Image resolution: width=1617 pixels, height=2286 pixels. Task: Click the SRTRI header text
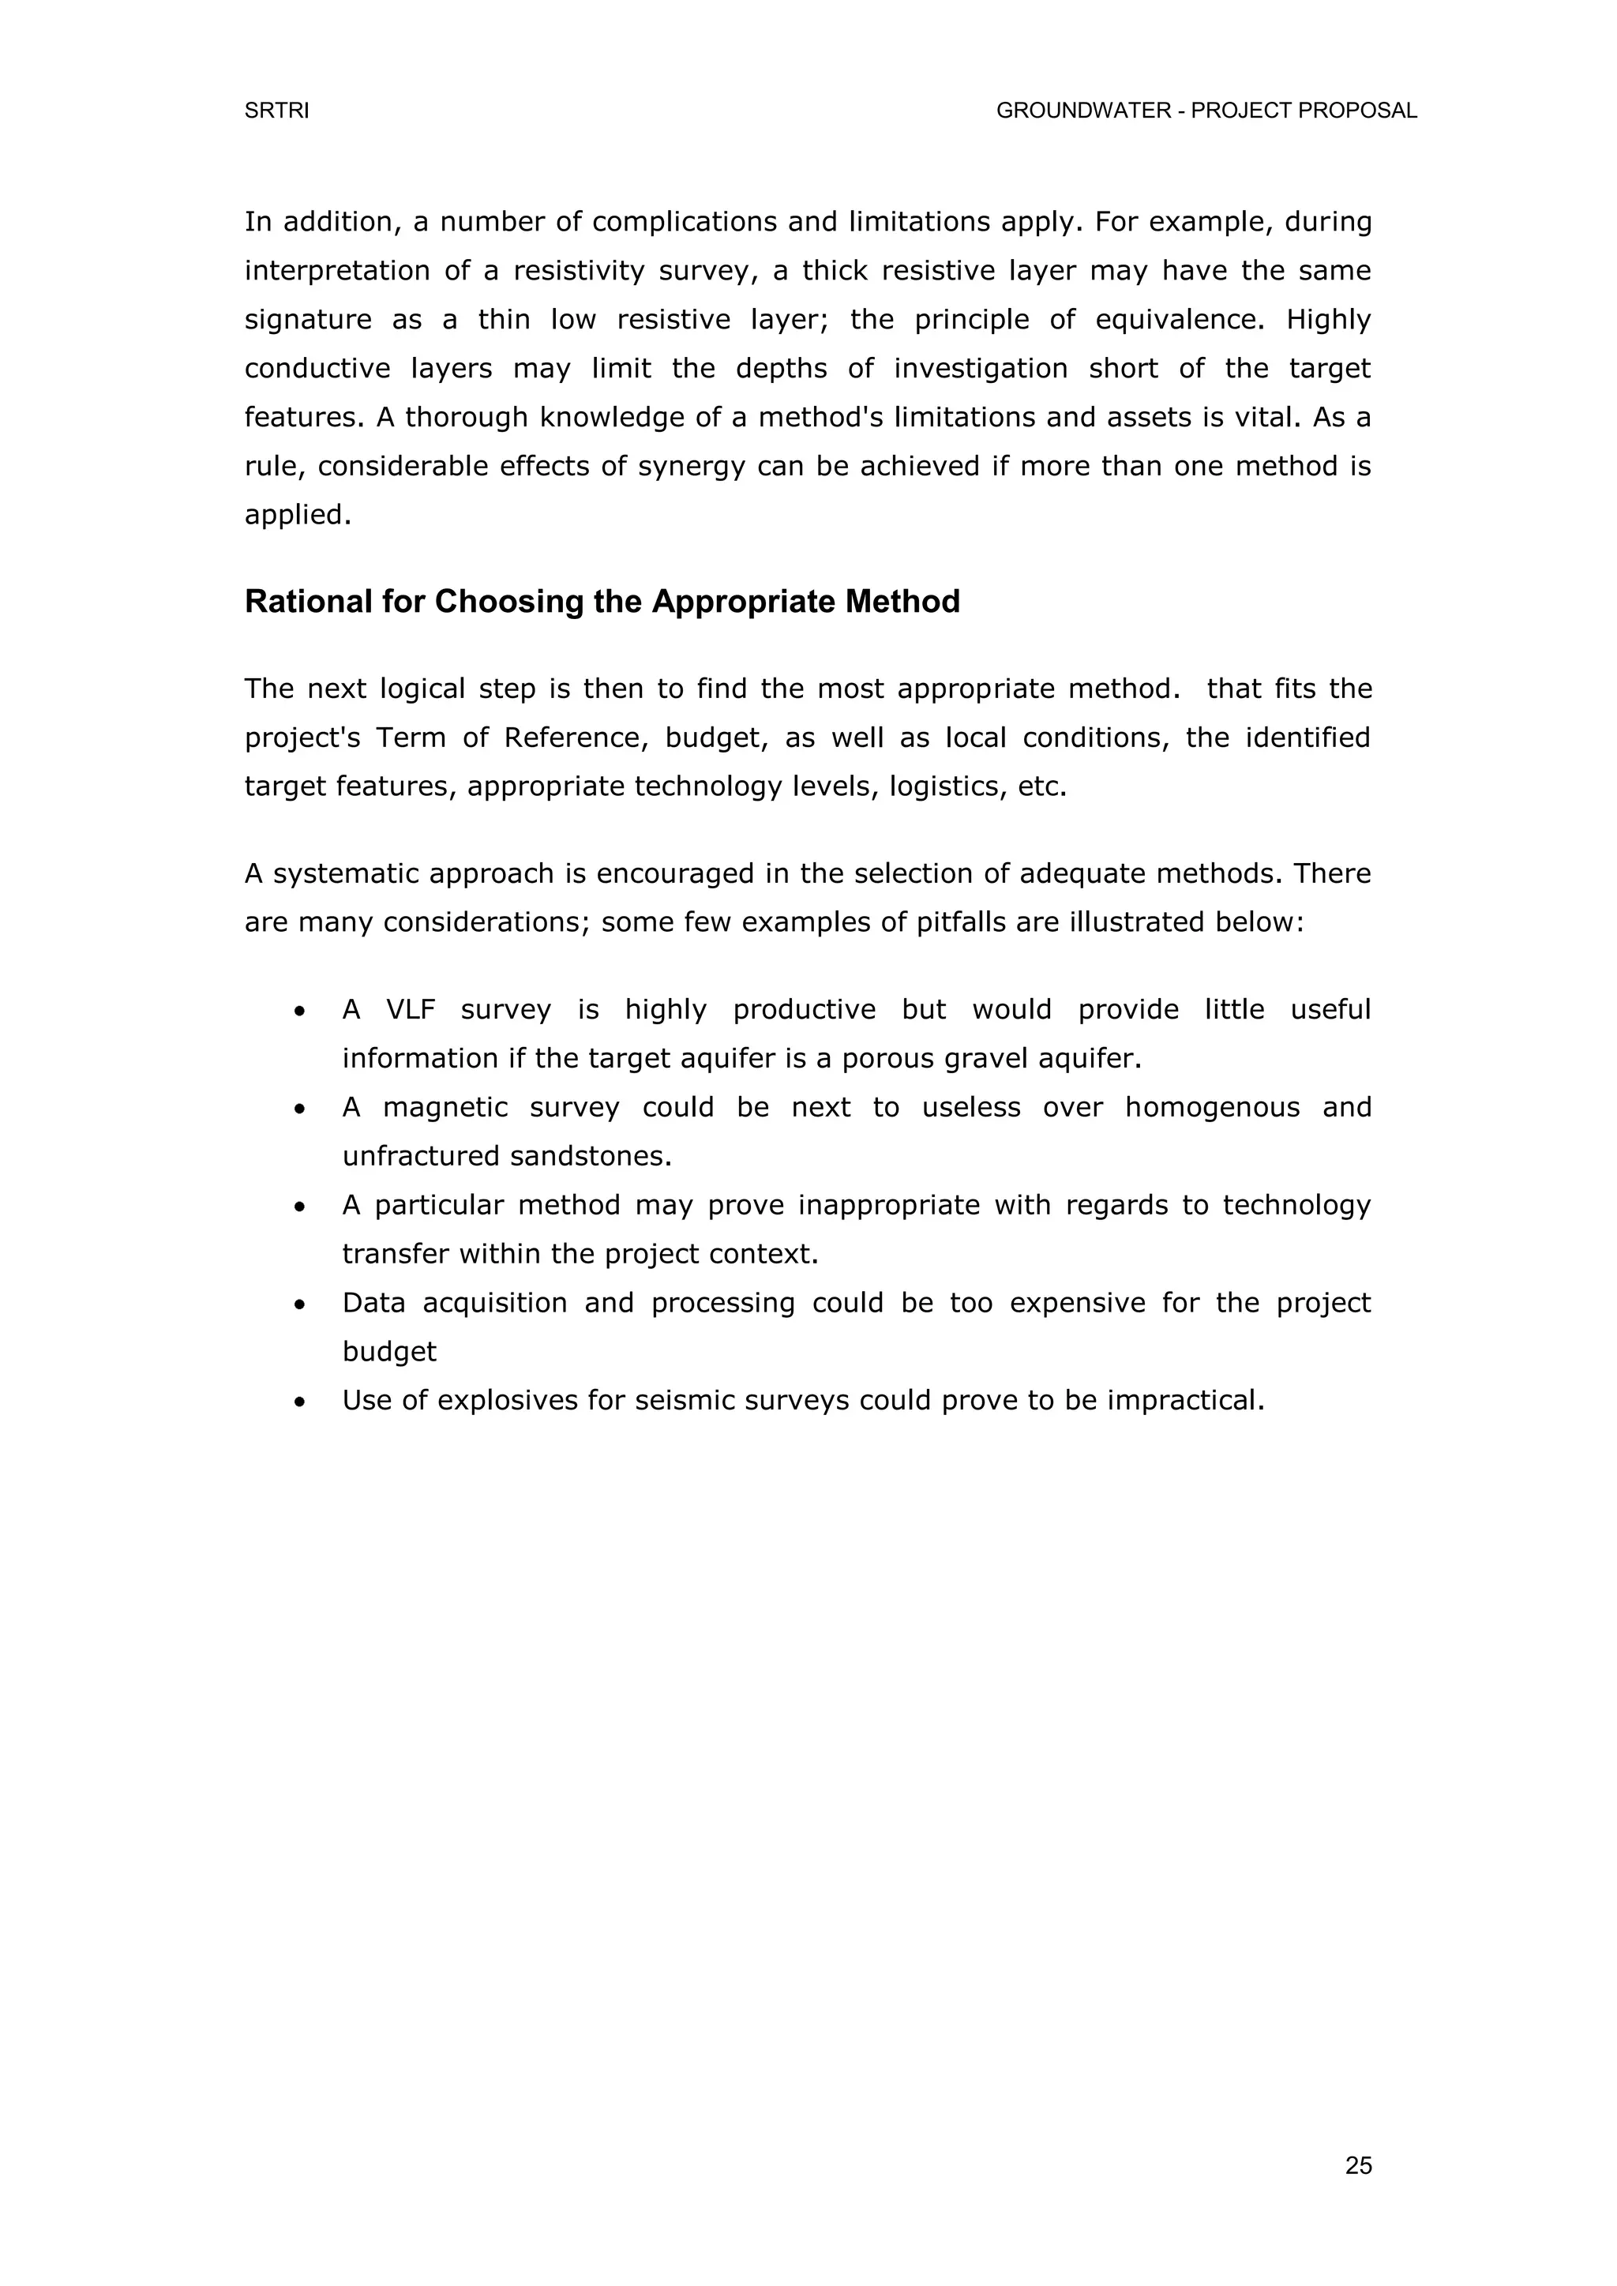point(277,111)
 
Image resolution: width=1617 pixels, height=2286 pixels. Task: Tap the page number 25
point(1358,2165)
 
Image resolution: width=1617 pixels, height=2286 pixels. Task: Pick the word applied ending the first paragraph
point(297,515)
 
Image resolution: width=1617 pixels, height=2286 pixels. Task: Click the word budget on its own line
point(389,1352)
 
